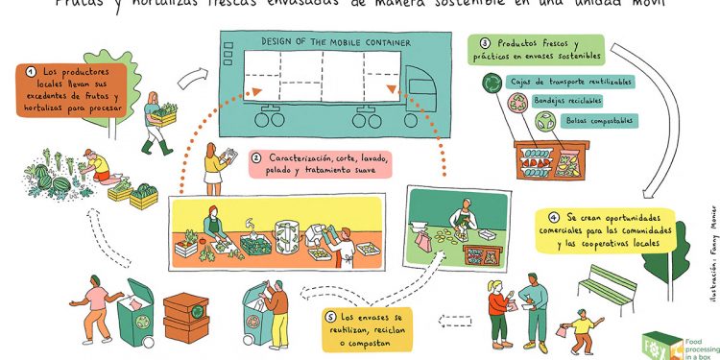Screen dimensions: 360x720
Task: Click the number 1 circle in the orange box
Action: (x=32, y=70)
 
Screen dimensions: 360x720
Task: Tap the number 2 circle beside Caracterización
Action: (x=256, y=157)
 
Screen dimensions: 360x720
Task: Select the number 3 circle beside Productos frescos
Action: (x=486, y=43)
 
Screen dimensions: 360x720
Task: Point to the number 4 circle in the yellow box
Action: (x=554, y=217)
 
